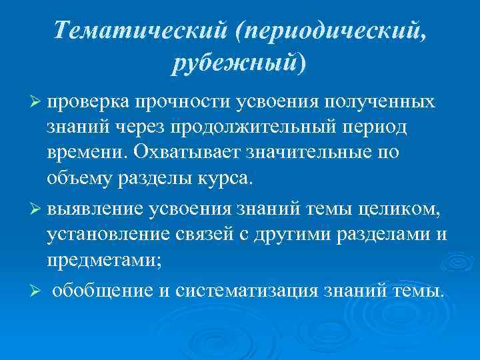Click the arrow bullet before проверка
[x=37, y=101]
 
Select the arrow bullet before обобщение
[x=37, y=292]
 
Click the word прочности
[x=181, y=101]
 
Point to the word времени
[x=86, y=152]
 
